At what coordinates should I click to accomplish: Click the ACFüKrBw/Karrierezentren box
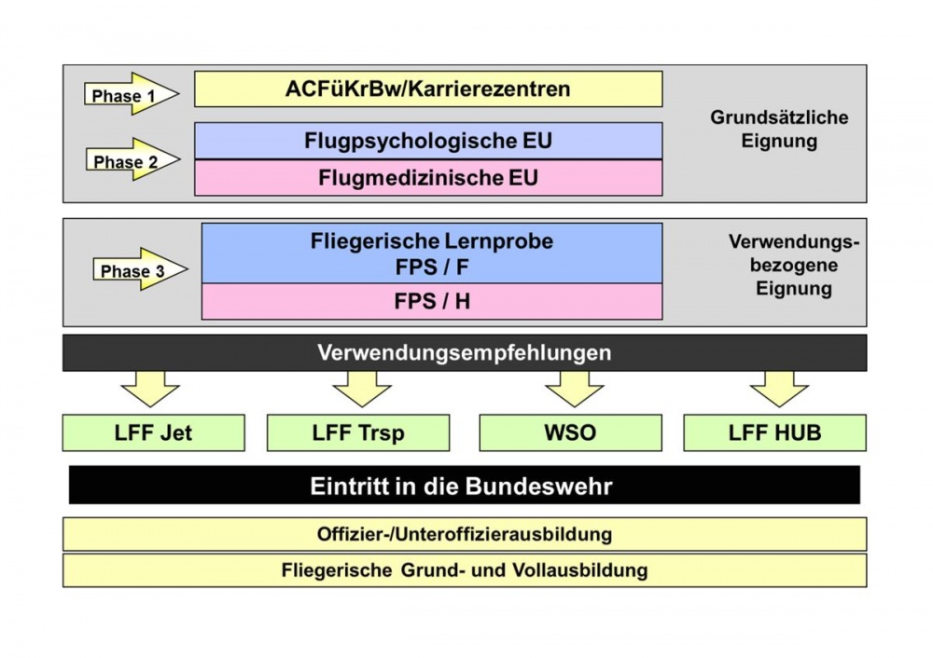[x=428, y=89]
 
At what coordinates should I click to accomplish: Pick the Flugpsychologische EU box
[x=428, y=141]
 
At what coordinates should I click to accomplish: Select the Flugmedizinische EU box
[x=428, y=177]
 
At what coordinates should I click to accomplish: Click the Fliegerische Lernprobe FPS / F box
[x=432, y=253]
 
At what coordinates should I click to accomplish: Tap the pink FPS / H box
[x=432, y=302]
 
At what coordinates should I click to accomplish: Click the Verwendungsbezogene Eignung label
[x=793, y=265]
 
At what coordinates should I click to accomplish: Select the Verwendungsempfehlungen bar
[x=464, y=353]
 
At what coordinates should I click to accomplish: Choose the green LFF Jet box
[x=153, y=433]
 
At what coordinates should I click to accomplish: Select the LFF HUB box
[x=775, y=433]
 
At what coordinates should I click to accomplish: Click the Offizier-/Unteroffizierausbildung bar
[x=464, y=534]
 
